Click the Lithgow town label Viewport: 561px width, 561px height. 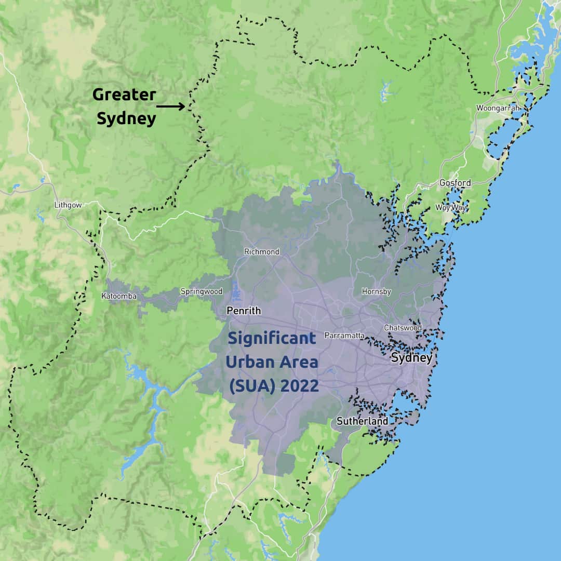(68, 205)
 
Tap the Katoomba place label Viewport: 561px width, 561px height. (119, 296)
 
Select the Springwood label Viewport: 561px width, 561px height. (201, 291)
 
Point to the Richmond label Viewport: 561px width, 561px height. (262, 252)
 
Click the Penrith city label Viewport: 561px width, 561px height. (244, 311)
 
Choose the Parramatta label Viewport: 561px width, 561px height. (344, 336)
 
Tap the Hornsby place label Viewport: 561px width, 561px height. (376, 291)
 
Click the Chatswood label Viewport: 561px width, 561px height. (403, 328)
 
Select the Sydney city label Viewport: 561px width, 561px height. (411, 358)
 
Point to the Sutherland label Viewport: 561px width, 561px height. (362, 421)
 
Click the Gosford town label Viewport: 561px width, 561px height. (455, 183)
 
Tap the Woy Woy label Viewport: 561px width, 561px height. (451, 208)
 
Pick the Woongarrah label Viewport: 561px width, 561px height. (498, 108)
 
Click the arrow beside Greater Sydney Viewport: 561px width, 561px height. (170, 106)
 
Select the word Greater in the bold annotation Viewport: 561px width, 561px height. (124, 95)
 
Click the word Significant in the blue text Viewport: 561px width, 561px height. (272, 339)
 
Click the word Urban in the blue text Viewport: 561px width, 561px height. (248, 362)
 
